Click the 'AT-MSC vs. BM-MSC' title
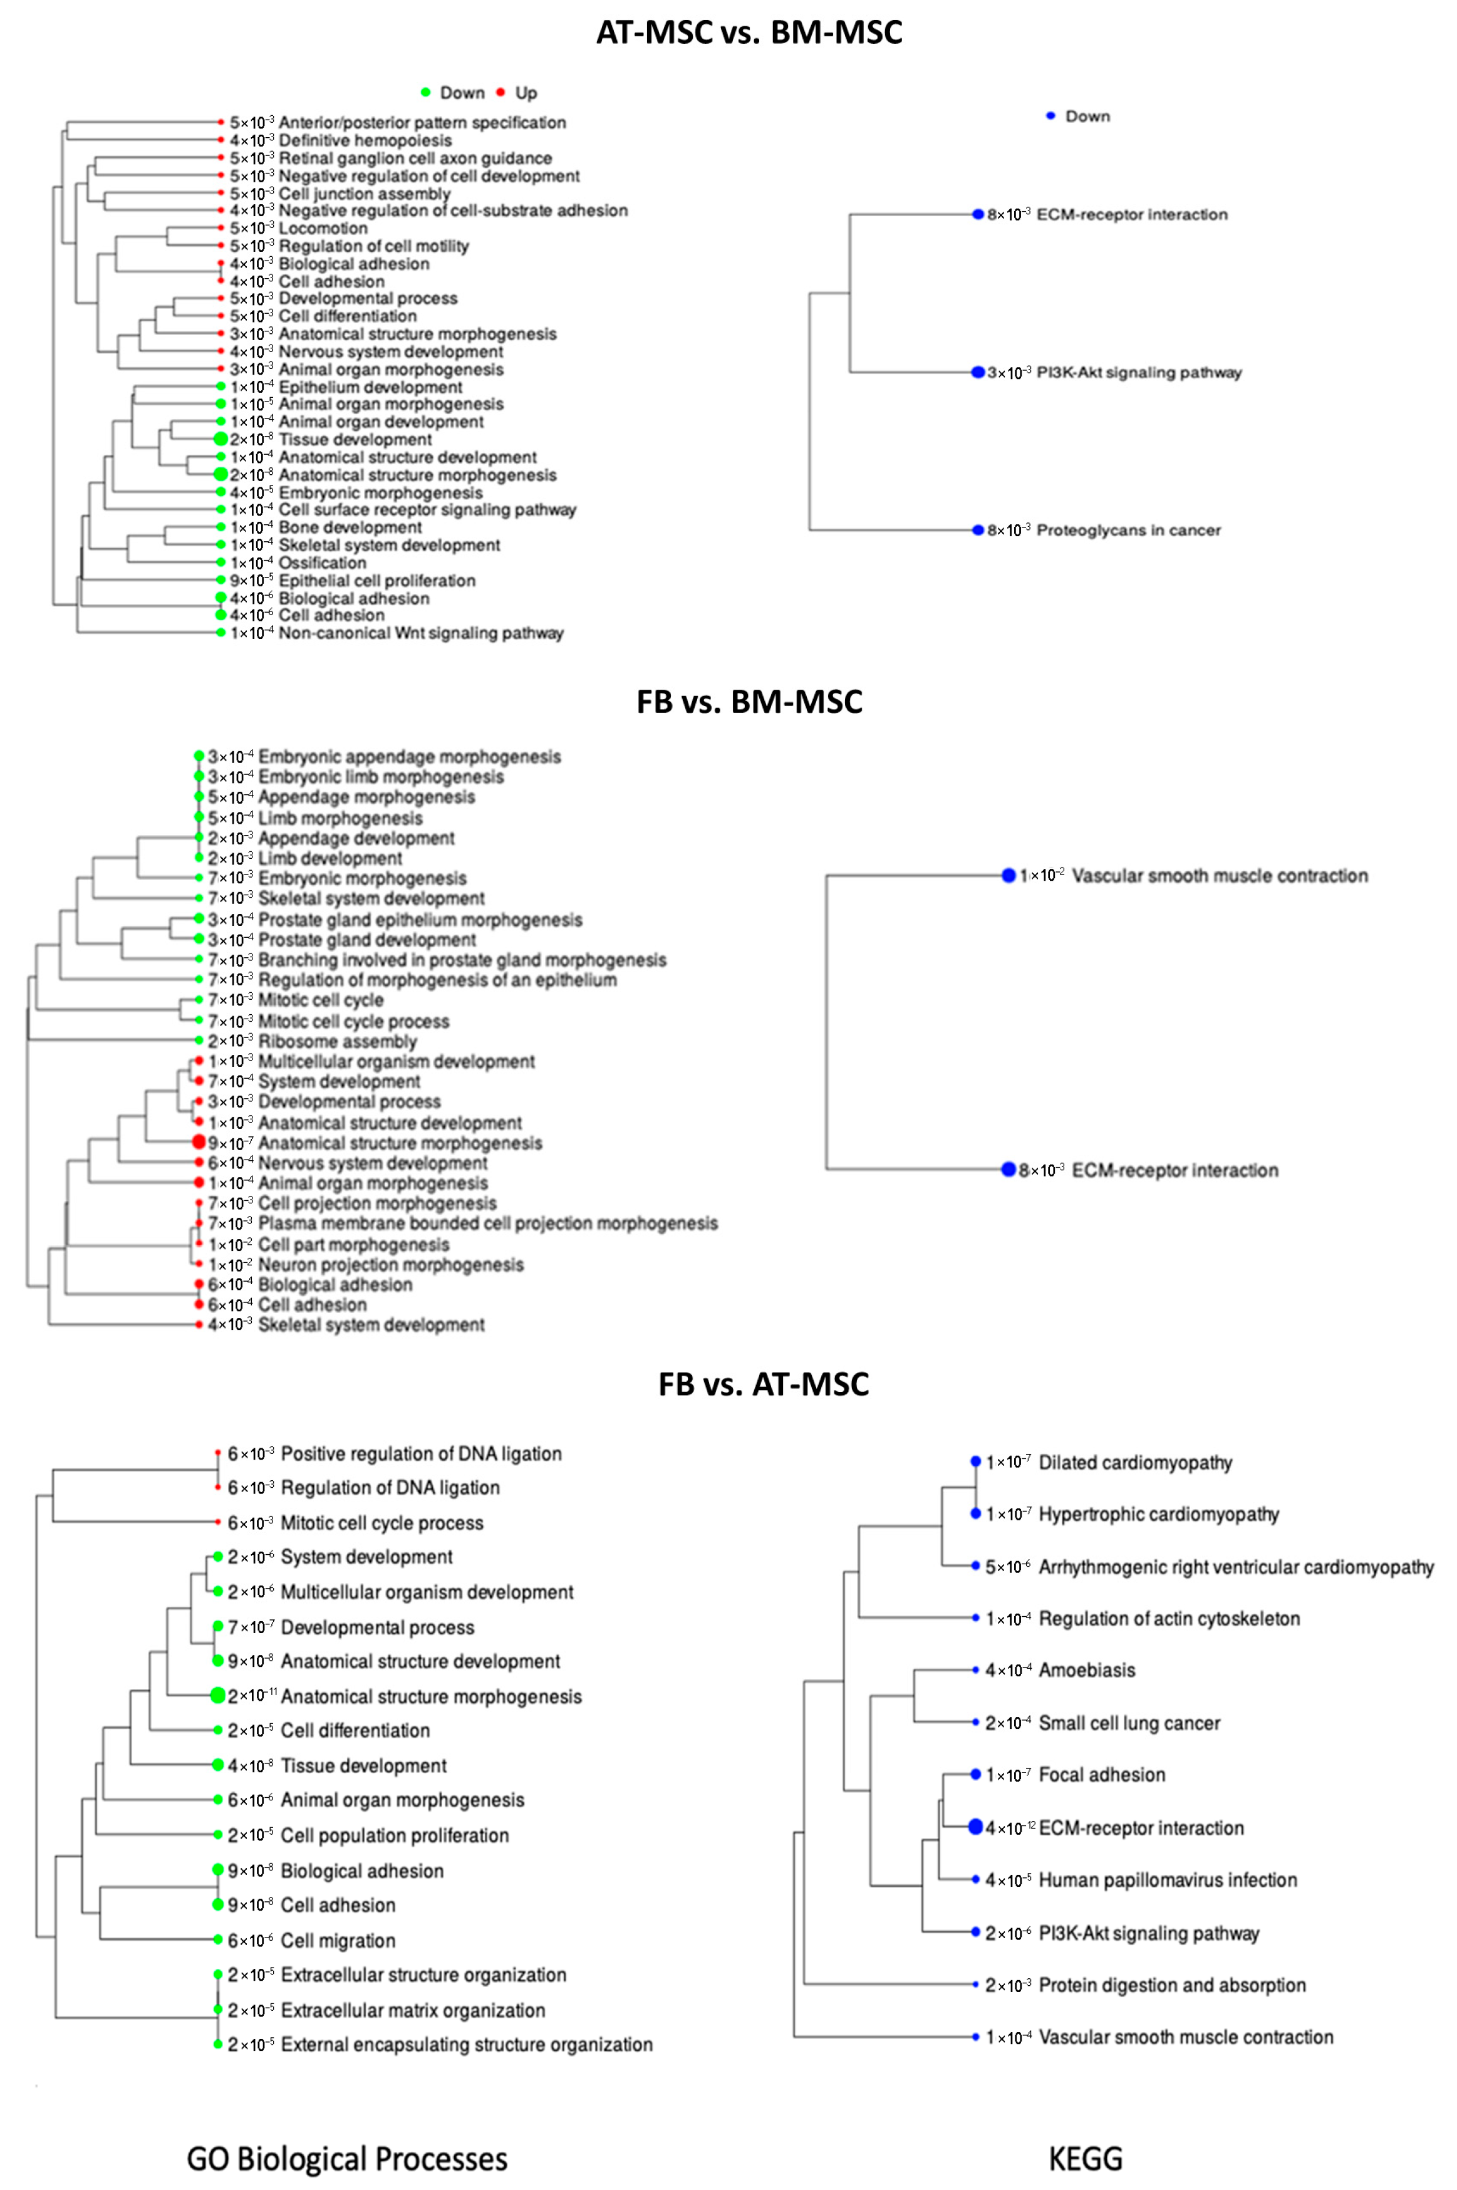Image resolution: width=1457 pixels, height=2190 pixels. (749, 33)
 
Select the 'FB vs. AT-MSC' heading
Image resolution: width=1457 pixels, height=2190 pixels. (763, 1384)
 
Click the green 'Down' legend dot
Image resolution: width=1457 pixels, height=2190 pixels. (425, 92)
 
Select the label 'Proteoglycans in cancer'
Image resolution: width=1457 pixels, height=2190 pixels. (1128, 531)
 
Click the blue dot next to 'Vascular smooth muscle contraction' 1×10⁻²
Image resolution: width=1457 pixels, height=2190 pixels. (1008, 875)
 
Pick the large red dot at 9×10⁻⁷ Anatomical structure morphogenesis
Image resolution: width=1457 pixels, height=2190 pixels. (198, 1142)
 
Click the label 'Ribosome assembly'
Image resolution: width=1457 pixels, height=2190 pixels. (337, 1042)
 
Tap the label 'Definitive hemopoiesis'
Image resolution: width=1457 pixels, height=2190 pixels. (365, 140)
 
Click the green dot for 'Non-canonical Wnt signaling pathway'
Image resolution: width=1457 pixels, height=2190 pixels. (220, 633)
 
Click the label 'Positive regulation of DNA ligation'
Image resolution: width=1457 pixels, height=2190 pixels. (421, 1453)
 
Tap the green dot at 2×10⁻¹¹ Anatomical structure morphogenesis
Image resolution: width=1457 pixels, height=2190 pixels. (217, 1696)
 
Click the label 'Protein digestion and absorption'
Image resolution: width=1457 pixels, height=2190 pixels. (1172, 1985)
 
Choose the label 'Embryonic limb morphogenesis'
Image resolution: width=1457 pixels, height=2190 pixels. (381, 777)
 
